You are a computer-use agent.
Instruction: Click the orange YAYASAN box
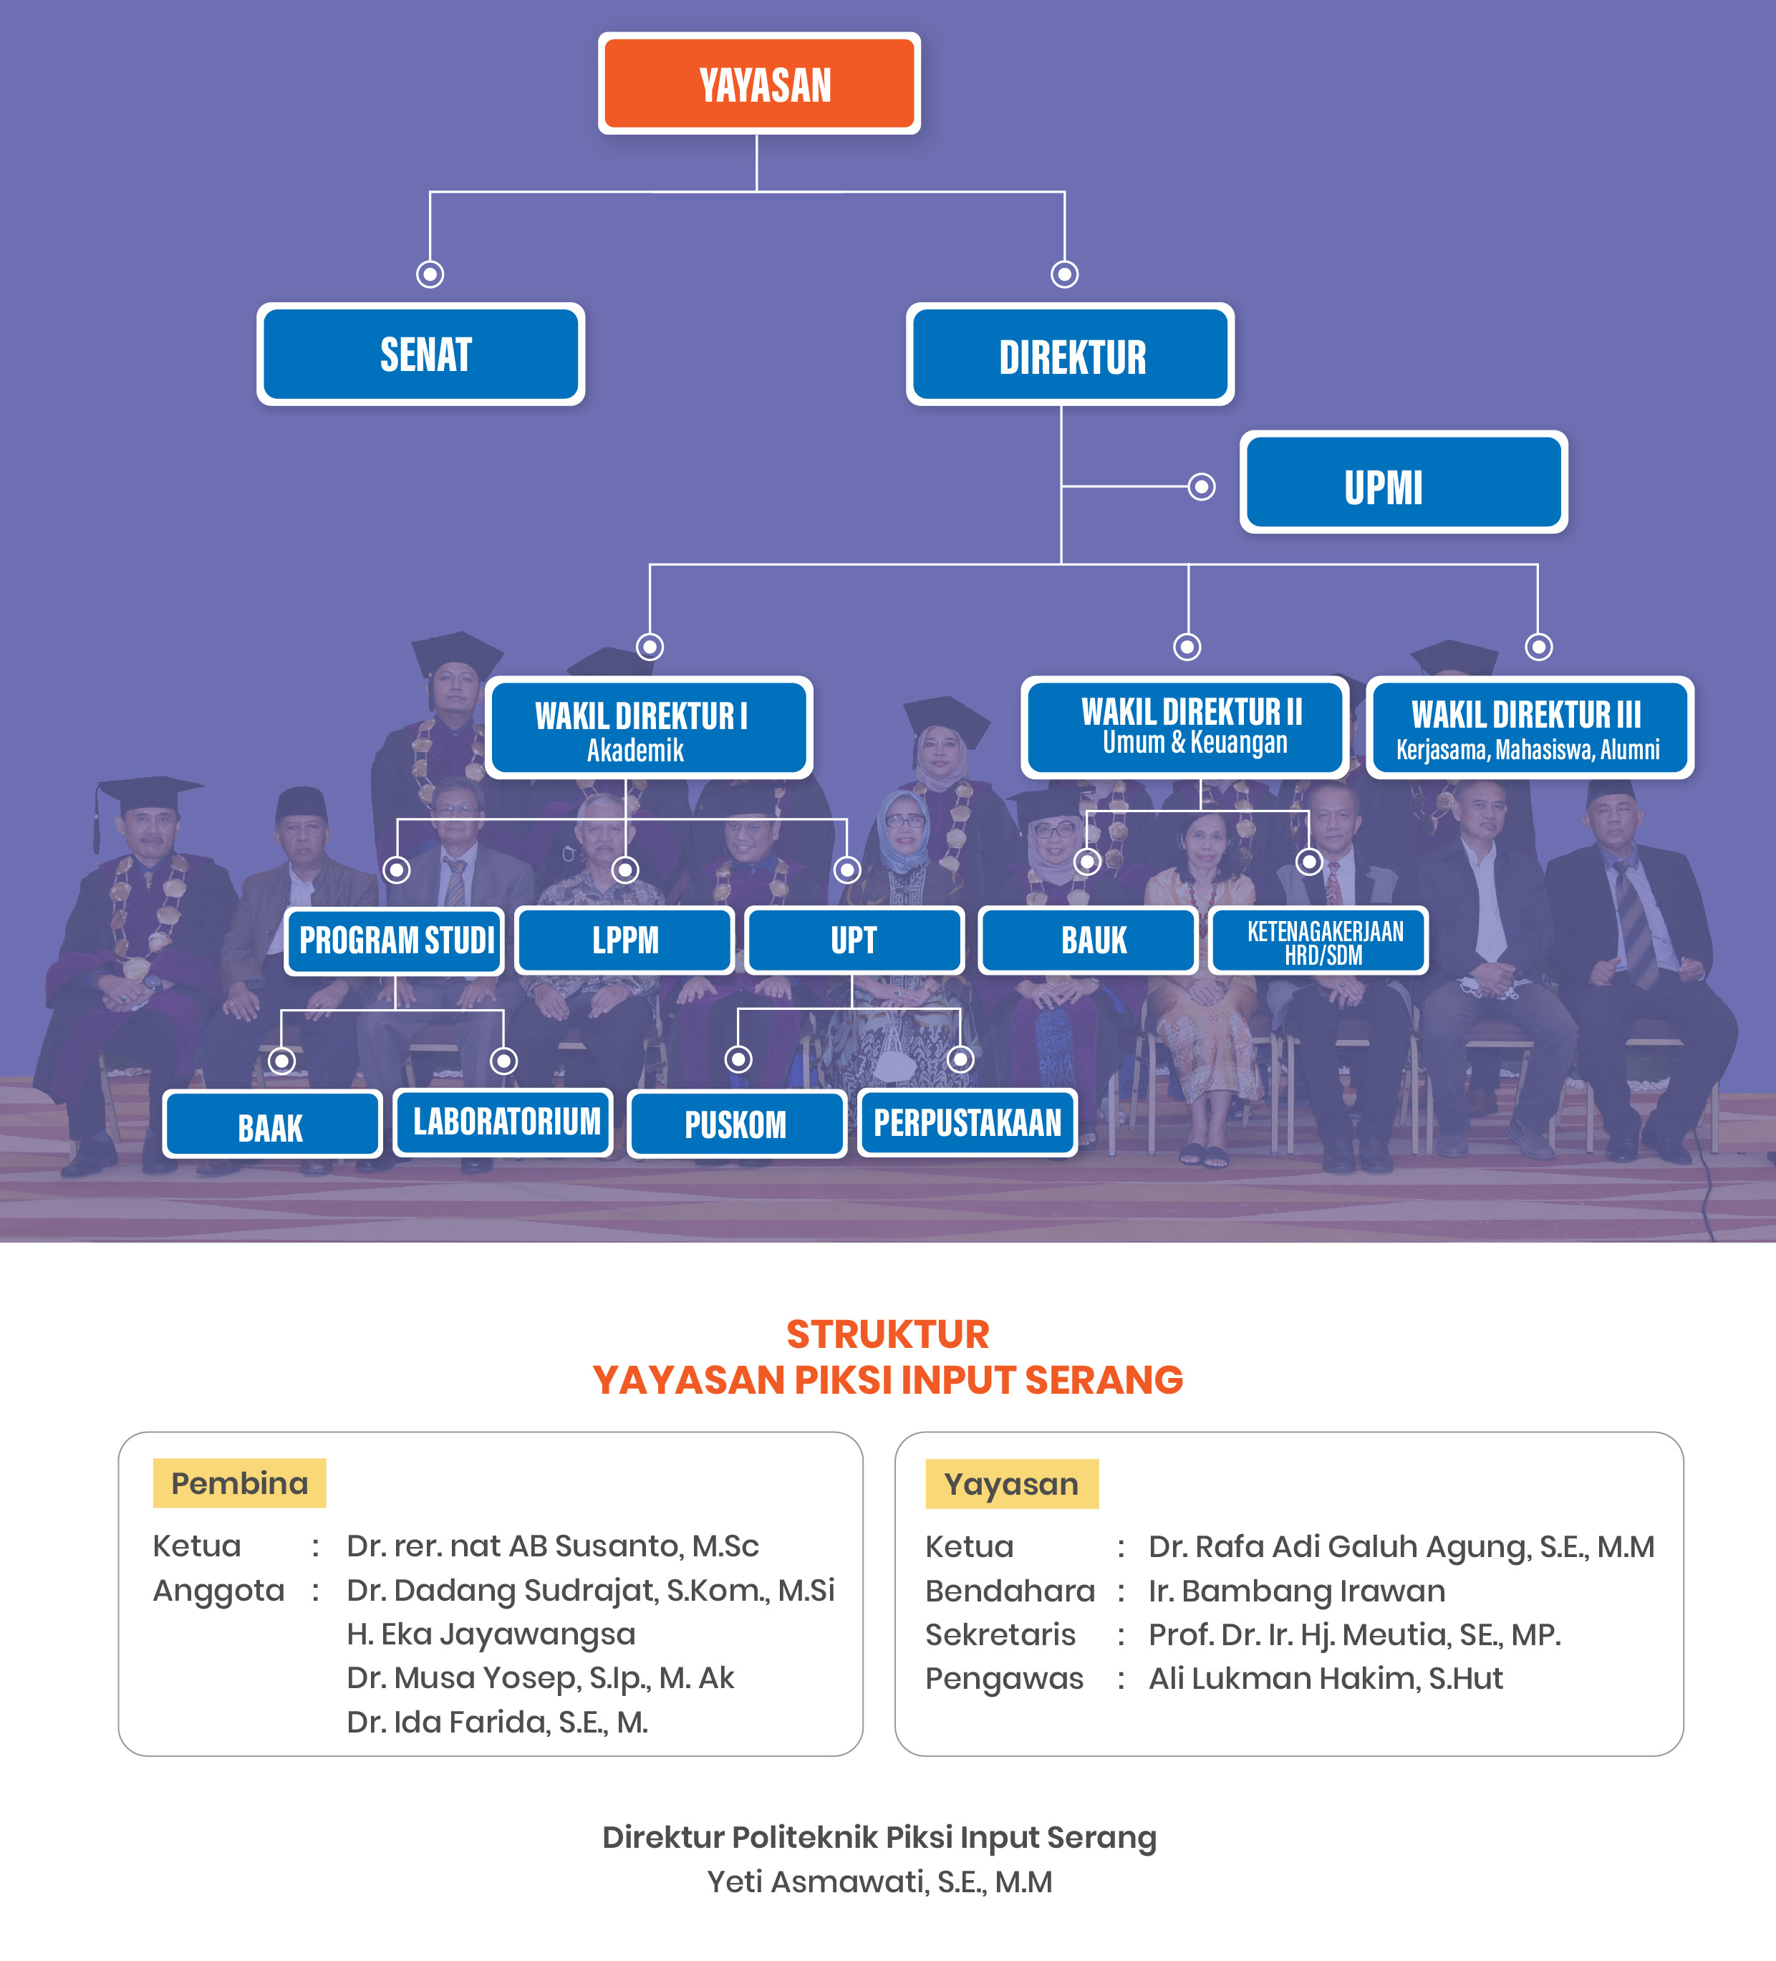point(758,84)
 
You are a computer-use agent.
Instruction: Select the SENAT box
point(420,354)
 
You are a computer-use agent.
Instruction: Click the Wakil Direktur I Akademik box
point(649,728)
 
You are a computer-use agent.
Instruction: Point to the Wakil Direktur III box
point(1529,728)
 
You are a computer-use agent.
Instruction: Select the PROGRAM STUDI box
point(394,940)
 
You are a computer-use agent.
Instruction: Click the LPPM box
point(624,940)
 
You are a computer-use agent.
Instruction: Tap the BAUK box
point(1089,940)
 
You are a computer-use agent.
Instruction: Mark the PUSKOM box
point(736,1124)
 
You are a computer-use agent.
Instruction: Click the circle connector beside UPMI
point(1202,486)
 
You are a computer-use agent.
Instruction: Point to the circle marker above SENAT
point(430,274)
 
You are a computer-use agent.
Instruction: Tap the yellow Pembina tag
point(239,1483)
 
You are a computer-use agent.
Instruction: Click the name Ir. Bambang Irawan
point(1296,1591)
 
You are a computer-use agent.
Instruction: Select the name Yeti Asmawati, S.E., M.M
point(879,1882)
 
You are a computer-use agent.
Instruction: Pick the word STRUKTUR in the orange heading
point(887,1334)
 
